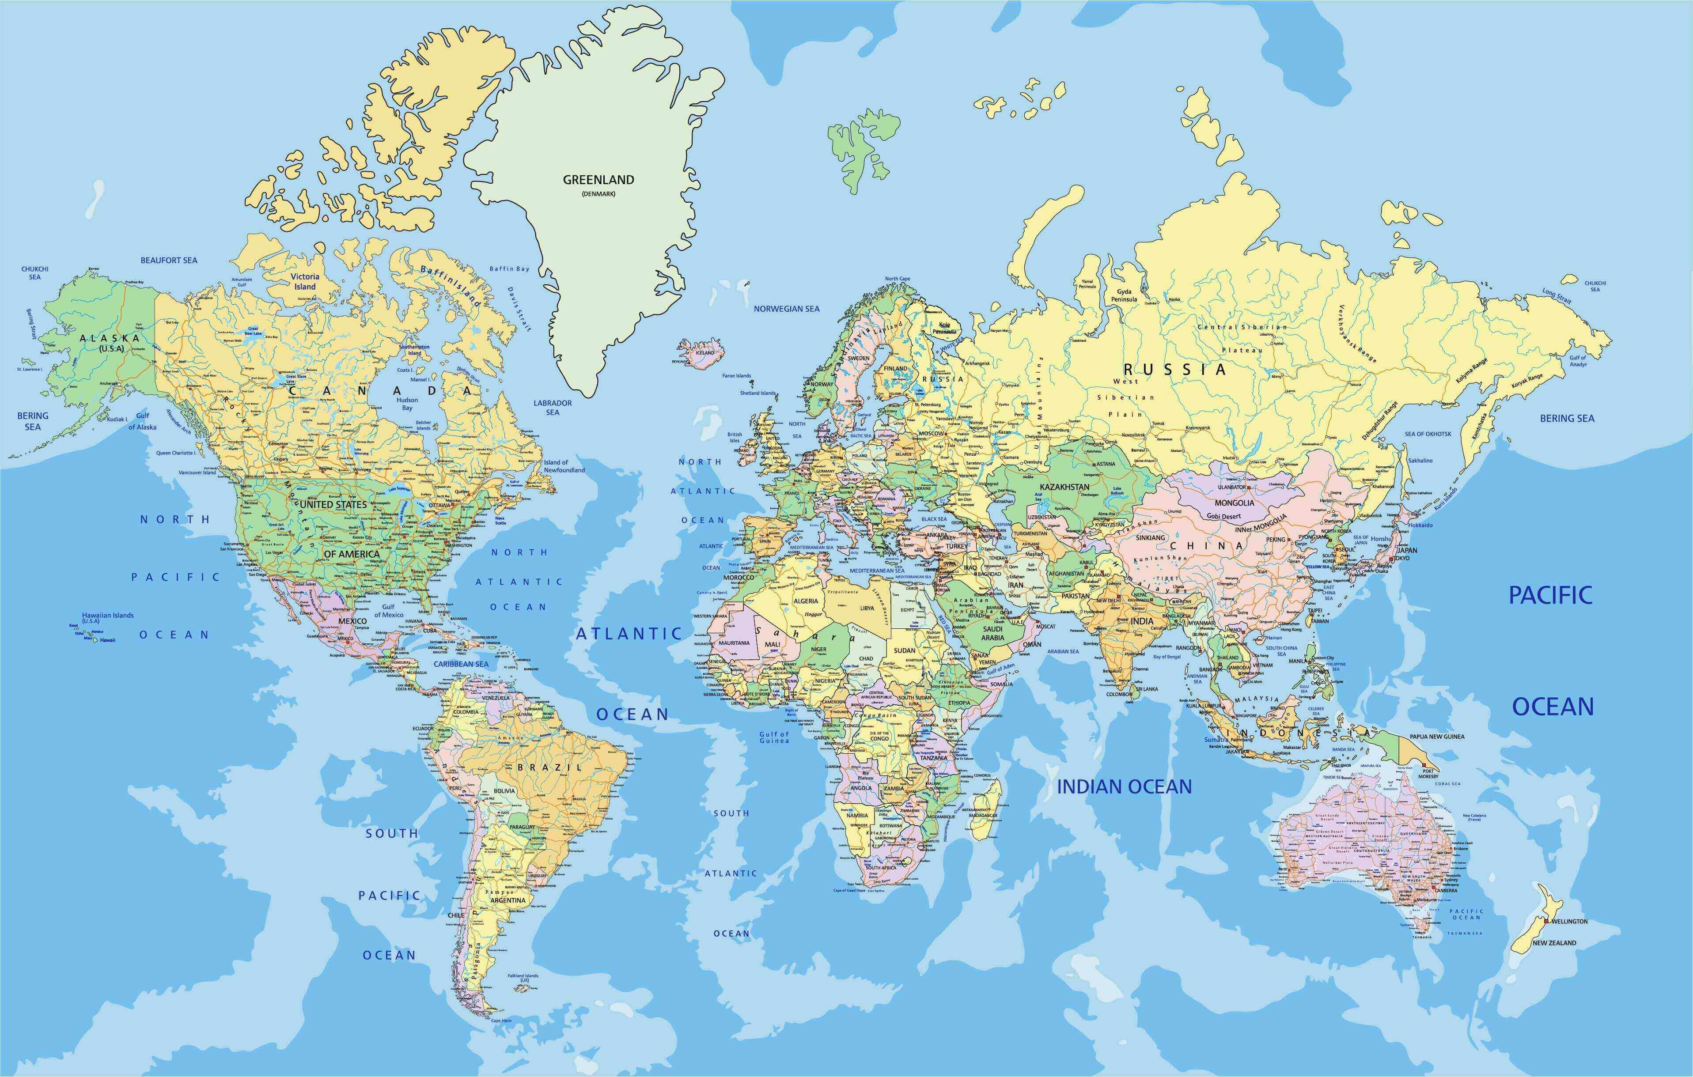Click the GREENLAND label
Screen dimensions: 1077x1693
[x=598, y=180]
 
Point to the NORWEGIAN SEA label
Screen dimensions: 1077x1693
[x=786, y=309]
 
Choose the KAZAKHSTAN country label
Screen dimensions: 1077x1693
[x=1064, y=487]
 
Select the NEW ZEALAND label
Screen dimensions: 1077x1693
[x=1554, y=943]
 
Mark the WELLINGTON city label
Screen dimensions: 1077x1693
[x=1569, y=921]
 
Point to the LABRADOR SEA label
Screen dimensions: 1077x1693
[x=553, y=408]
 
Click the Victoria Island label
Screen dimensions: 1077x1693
[x=305, y=282]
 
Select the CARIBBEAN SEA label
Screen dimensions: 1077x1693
[x=461, y=664]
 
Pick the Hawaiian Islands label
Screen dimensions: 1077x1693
[x=108, y=616]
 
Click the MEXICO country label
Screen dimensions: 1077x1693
[x=352, y=621]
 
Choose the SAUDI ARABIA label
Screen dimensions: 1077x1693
[x=993, y=633]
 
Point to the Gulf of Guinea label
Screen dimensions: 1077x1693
[x=774, y=737]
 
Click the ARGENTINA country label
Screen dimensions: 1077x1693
[x=508, y=900]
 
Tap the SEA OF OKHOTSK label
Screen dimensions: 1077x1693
[x=1428, y=434]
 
